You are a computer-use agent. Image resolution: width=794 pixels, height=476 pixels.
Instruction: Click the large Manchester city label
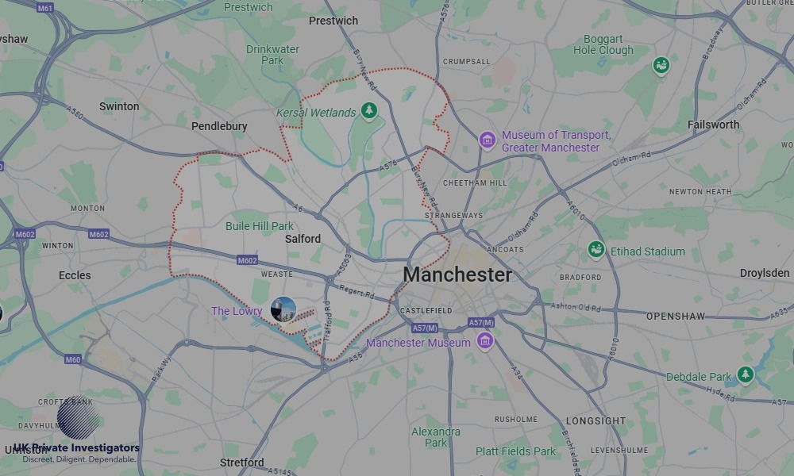[457, 274]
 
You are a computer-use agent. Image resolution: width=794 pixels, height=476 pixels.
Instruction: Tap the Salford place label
[303, 239]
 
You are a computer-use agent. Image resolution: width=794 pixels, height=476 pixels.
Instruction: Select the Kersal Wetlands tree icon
[368, 111]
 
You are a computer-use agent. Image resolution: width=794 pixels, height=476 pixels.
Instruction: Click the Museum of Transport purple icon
[487, 140]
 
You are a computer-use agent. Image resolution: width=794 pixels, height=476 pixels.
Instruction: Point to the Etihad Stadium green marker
[596, 251]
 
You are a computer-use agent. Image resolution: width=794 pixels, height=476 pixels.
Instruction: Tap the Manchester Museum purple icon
[484, 342]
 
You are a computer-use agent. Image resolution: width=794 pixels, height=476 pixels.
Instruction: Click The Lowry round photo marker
[283, 310]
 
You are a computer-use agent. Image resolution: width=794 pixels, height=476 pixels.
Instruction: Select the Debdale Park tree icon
[745, 375]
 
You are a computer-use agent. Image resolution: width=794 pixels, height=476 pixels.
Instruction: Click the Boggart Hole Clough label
[603, 44]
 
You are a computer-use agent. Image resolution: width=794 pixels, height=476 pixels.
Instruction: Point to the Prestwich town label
[333, 21]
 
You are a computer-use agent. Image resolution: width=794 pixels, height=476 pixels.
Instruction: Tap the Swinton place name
[119, 106]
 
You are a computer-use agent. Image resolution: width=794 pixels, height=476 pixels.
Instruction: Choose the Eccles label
[75, 275]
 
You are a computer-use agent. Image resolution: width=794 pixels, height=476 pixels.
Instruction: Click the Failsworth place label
[713, 125]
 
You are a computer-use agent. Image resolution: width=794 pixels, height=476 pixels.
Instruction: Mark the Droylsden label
[765, 273]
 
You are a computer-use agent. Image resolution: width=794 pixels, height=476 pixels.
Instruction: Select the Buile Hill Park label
[260, 226]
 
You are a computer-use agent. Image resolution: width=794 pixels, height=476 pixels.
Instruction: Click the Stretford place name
[242, 463]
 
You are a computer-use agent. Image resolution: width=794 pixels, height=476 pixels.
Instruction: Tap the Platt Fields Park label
[516, 451]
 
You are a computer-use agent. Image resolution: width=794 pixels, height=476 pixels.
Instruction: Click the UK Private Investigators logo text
[76, 448]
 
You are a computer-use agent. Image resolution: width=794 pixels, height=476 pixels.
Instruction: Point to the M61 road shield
[44, 8]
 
